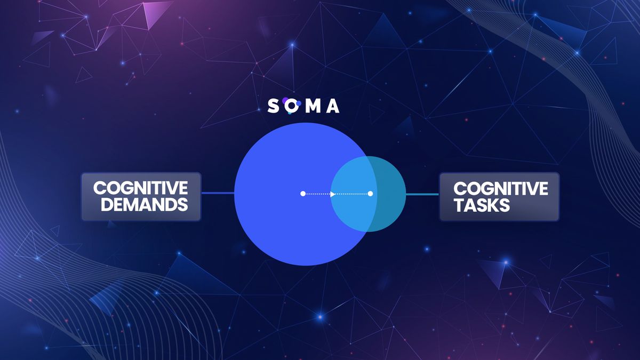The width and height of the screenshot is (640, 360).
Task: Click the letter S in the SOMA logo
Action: coord(273,106)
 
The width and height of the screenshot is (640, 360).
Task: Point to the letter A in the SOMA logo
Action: coord(332,106)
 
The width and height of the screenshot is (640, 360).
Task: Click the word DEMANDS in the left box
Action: coord(145,205)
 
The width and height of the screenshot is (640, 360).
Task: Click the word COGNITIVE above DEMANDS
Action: coord(141,188)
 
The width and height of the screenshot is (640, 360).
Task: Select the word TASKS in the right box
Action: coord(482,205)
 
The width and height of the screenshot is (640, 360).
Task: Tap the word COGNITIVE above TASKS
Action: coord(501,188)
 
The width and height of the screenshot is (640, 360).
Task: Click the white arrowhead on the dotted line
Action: coord(333,194)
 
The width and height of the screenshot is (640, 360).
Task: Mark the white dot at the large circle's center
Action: coord(303,194)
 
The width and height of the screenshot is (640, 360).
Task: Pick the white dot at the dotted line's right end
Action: coord(370,194)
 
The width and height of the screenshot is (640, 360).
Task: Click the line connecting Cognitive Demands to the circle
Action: coord(218,193)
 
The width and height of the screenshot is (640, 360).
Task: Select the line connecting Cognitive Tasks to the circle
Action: coord(422,194)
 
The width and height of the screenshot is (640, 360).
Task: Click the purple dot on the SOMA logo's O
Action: coord(285,100)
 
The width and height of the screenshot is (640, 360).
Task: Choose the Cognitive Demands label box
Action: coord(141,197)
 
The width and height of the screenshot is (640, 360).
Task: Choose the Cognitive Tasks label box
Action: coord(499,197)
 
